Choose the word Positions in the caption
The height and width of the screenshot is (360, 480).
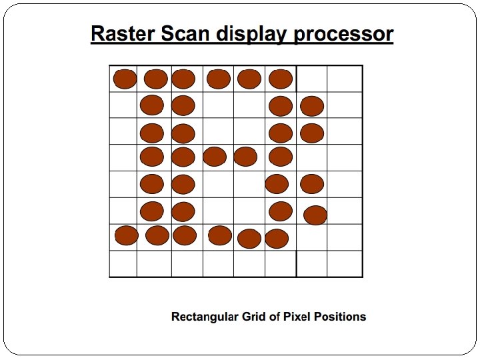coord(341,317)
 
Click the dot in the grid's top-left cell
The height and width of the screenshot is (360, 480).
coord(125,79)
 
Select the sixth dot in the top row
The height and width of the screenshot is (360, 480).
coord(281,79)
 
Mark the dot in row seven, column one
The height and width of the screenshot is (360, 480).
coord(127,235)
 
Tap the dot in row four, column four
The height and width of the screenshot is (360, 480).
coord(215,157)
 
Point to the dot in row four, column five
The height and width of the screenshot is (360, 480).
coord(245,157)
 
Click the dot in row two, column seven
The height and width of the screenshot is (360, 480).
coord(311,105)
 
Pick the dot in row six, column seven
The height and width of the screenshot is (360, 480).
coord(315,215)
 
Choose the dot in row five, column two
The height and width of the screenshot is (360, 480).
coord(152,184)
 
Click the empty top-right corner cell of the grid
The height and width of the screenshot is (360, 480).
coord(345,79)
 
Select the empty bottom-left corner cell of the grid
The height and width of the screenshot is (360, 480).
coord(123,263)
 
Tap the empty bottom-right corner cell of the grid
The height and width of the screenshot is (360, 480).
coord(345,263)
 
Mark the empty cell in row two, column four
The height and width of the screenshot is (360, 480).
coord(219,105)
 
